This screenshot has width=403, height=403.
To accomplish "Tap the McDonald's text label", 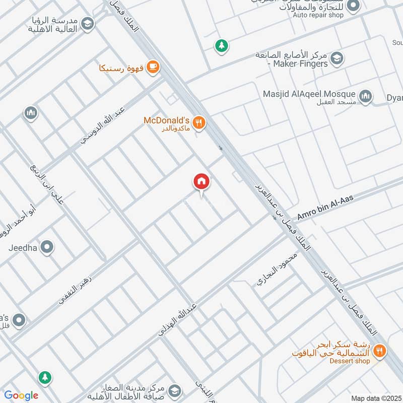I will pyautogui.click(x=166, y=120).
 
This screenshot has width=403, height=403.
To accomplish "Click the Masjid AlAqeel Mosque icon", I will pyautogui.click(x=365, y=95).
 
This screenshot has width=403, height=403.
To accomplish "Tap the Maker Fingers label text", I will pyautogui.click(x=301, y=64).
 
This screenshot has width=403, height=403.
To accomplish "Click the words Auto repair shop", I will pyautogui.click(x=318, y=15).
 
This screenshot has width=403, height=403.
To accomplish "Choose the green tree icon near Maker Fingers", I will pyautogui.click(x=221, y=46).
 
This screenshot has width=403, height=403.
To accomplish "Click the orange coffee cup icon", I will pyautogui.click(x=153, y=67).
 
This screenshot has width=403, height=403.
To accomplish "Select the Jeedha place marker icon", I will pyautogui.click(x=47, y=247).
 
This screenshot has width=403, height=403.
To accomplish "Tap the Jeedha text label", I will pyautogui.click(x=24, y=248).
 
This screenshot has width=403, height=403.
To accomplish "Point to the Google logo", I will pyautogui.click(x=21, y=395).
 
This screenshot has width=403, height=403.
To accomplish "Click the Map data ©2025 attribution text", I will pyautogui.click(x=376, y=398).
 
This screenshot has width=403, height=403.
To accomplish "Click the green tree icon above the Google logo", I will pyautogui.click(x=45, y=377).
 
